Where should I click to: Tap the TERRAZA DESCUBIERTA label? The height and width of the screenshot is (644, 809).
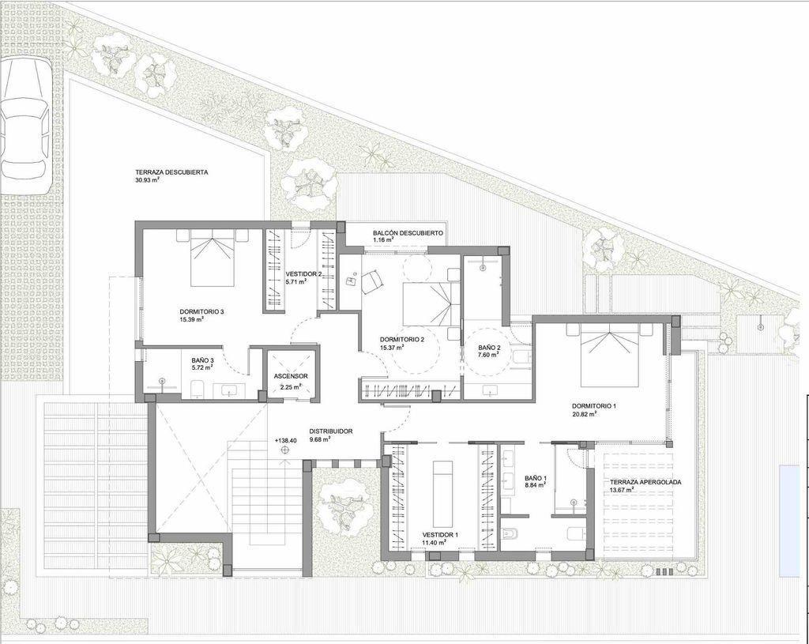click(x=171, y=172)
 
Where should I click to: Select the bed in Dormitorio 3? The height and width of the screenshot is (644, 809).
click(x=213, y=258)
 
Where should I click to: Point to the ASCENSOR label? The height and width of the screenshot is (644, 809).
click(x=292, y=376)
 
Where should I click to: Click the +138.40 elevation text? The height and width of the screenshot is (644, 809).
click(x=286, y=441)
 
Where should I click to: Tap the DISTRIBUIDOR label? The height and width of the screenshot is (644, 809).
click(x=331, y=431)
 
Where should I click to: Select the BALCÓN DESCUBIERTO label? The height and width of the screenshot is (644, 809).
click(x=408, y=233)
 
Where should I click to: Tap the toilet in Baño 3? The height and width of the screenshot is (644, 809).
click(x=196, y=390)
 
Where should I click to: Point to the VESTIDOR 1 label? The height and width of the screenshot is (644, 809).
click(x=440, y=535)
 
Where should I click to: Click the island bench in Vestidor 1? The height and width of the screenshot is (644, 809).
click(x=442, y=493)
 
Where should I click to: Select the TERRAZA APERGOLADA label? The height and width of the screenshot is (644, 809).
click(x=645, y=482)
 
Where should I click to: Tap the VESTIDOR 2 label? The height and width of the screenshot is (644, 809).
click(x=304, y=274)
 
